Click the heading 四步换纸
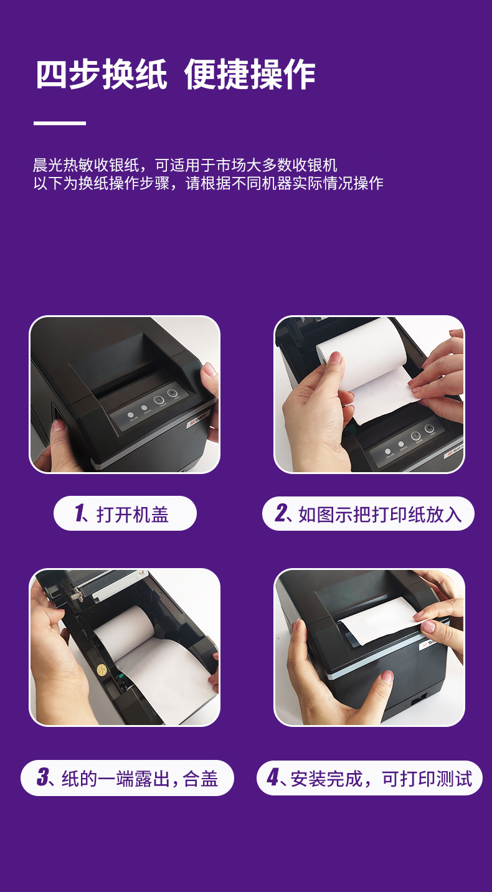click(102, 74)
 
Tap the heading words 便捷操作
click(250, 74)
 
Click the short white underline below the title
click(60, 123)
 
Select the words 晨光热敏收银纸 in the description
click(86, 164)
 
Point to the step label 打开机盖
click(133, 514)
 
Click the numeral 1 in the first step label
click(80, 513)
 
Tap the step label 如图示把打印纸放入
click(380, 514)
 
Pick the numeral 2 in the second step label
click(281, 513)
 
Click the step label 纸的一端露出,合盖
click(140, 779)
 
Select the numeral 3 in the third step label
click(43, 777)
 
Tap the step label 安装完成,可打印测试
click(381, 779)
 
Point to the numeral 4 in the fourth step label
click(273, 777)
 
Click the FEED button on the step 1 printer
click(172, 394)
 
